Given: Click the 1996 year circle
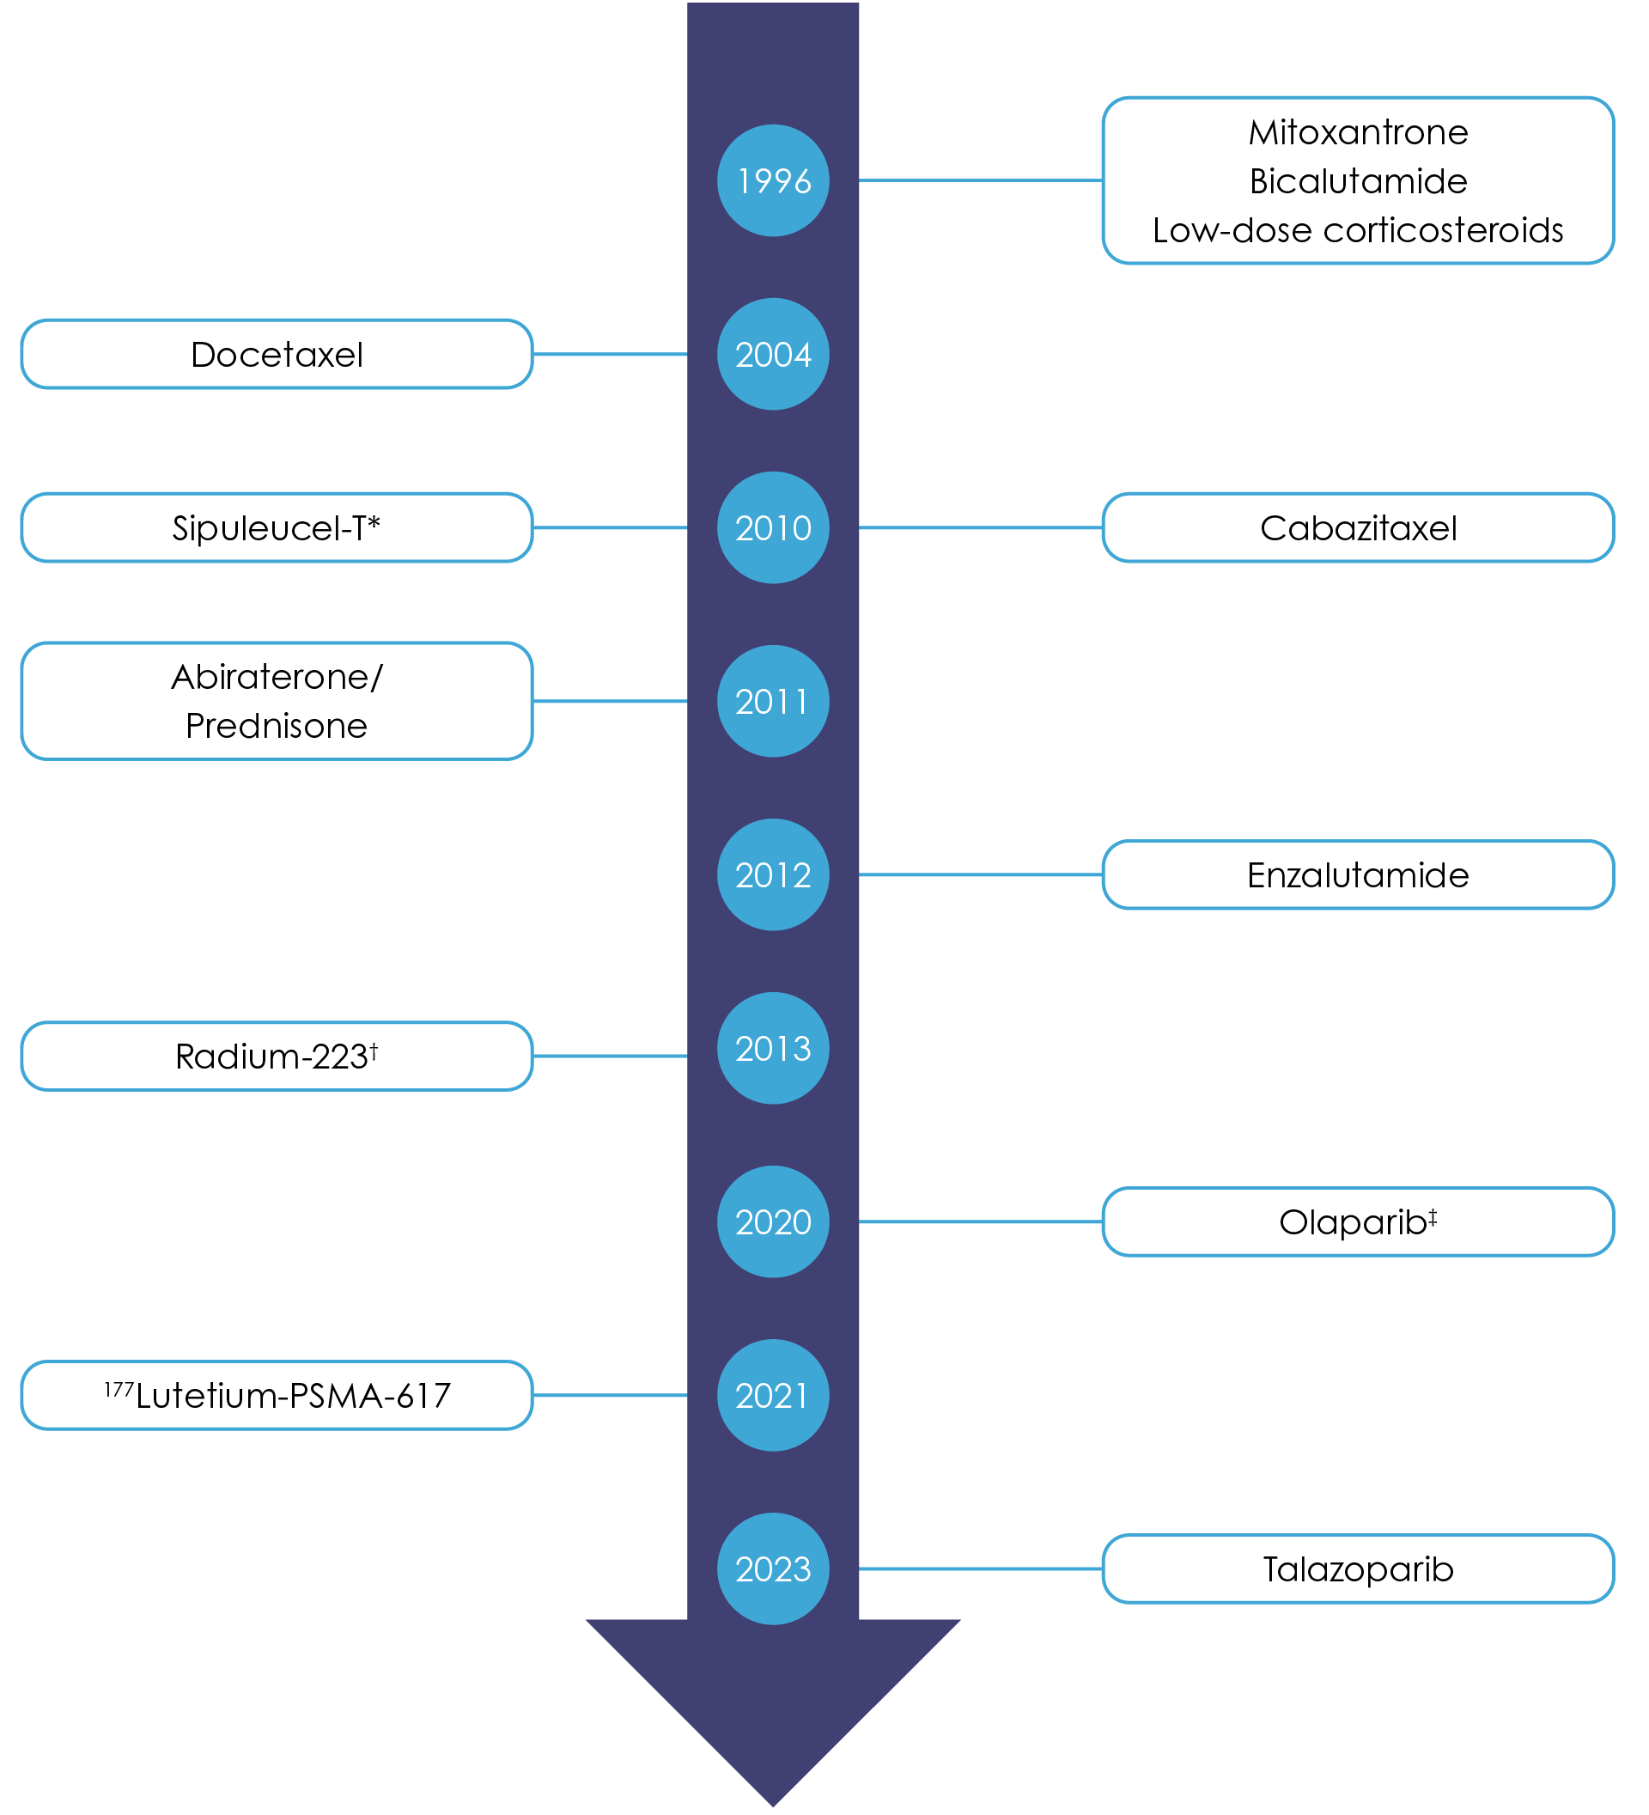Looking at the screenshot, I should coord(772,181).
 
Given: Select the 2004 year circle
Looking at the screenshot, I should coord(772,355).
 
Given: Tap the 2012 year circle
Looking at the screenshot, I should coord(772,875).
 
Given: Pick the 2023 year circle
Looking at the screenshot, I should coord(772,1569).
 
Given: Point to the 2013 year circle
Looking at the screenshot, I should coord(772,1049).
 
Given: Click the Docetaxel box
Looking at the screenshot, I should coord(277,355).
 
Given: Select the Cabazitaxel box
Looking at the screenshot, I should coord(1357,528).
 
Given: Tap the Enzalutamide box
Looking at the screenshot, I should coord(1357,875).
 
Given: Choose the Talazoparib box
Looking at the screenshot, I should coord(1357,1569).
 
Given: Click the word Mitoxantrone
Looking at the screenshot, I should coord(1357,133).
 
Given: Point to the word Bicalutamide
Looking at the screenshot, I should coord(1357,182).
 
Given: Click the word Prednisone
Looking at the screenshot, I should coord(277,727).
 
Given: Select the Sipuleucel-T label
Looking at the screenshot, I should coord(277,528).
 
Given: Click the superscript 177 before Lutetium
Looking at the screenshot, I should coord(118,1389).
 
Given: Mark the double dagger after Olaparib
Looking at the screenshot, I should coord(1432,1216).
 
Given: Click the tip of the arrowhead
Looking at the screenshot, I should coord(772,1803).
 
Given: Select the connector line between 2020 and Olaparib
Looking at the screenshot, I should coord(980,1222).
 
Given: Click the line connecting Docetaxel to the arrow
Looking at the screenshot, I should coord(610,355).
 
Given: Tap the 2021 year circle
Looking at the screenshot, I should coord(772,1396).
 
